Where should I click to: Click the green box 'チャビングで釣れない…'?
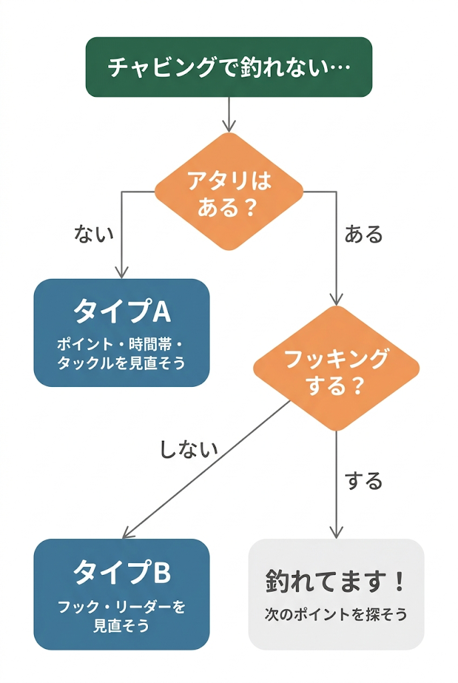tap(229, 67)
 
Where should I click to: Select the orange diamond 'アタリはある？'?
tap(229, 192)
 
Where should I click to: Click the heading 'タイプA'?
tap(121, 311)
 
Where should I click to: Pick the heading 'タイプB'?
tap(121, 572)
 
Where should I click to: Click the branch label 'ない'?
tap(94, 233)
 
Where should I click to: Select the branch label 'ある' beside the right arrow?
tap(363, 234)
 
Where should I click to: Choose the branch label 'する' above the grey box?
tap(364, 480)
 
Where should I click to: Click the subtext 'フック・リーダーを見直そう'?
tap(121, 616)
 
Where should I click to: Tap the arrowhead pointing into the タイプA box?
tap(121, 272)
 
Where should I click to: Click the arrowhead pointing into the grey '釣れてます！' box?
tap(336, 532)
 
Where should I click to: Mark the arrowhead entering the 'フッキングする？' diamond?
tap(336, 299)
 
